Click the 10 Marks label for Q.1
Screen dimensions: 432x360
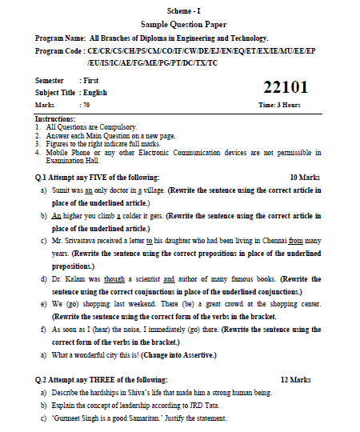pyautogui.click(x=304, y=177)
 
